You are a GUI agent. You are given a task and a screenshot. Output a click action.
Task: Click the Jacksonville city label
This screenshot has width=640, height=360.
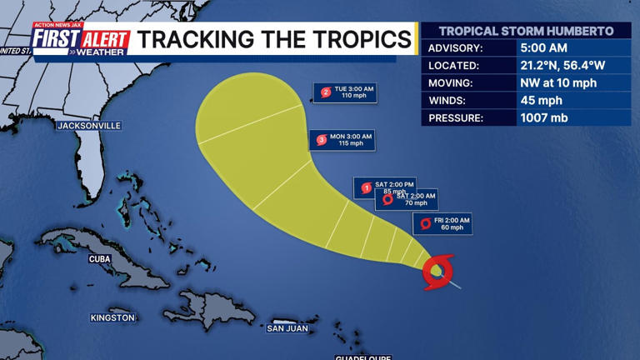pos(89,126)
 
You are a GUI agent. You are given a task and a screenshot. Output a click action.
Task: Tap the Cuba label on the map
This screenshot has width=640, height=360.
pos(99,259)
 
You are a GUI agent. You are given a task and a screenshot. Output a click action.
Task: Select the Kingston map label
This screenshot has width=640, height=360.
pos(112,317)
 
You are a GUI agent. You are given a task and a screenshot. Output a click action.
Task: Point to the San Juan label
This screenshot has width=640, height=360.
pos(287,328)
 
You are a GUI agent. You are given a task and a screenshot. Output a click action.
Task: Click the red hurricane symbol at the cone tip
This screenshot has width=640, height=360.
pos(438,271)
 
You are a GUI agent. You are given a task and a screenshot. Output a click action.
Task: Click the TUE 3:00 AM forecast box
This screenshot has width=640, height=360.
pos(345,92)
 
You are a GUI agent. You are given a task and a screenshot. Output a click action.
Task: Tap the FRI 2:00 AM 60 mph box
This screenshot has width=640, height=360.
pos(442,223)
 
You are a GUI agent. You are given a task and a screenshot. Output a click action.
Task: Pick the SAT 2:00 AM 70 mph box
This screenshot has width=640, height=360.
pos(407,199)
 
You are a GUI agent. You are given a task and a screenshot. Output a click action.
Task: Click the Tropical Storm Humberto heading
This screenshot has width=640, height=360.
pos(526,31)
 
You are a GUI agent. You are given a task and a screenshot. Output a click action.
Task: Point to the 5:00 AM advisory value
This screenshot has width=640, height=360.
pos(542,47)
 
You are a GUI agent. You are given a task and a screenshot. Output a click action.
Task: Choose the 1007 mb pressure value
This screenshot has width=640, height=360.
pos(544,118)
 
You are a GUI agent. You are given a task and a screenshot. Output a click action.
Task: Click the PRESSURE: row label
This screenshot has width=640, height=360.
pos(456,118)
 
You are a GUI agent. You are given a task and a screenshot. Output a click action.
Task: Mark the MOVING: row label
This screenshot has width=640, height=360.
pos(451,82)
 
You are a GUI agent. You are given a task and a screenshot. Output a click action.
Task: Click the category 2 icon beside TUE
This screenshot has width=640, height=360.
pos(326,92)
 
